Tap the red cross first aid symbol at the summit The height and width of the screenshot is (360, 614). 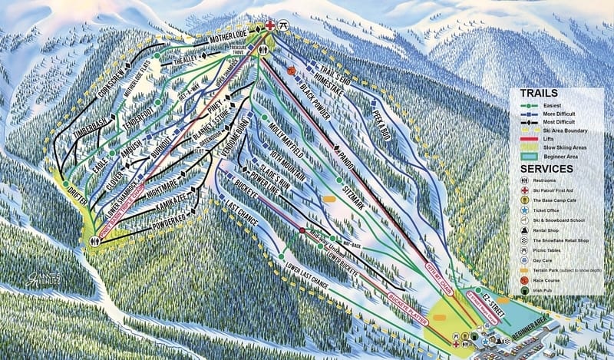pyautogui.click(x=270, y=25)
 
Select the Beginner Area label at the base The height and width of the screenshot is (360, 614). pyautogui.click(x=531, y=323)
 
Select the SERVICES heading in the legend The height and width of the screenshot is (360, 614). pyautogui.click(x=546, y=168)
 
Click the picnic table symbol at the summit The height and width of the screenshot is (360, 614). pyautogui.click(x=284, y=25)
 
